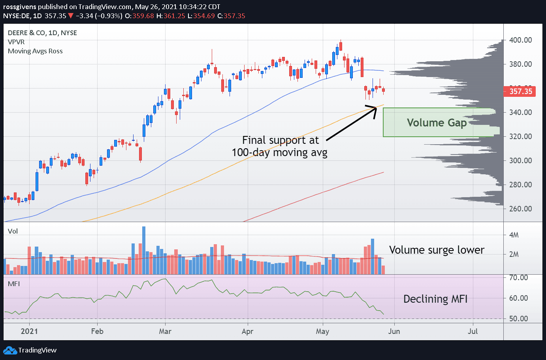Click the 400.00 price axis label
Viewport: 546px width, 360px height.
(x=520, y=40)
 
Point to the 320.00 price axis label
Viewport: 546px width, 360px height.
(x=520, y=136)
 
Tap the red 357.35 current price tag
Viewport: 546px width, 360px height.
(x=520, y=92)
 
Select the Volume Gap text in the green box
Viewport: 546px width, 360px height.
(x=437, y=123)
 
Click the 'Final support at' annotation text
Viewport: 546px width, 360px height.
(x=280, y=140)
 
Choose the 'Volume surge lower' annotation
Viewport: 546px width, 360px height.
(x=437, y=250)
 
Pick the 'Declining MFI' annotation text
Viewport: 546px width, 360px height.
(x=435, y=299)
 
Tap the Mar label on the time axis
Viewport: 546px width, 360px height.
(x=165, y=331)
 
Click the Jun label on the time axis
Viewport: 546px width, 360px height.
(x=394, y=331)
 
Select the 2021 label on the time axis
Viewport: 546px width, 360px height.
(x=29, y=331)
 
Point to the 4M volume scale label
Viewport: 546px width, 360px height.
(x=514, y=235)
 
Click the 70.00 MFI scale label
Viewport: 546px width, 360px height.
(x=518, y=277)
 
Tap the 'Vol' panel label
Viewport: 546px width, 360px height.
(x=13, y=231)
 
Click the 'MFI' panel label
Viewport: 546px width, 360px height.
(x=14, y=284)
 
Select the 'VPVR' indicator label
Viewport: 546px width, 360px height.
(x=16, y=42)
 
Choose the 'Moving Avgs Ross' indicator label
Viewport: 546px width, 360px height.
(x=35, y=51)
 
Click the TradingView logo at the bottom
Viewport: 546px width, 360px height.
(x=30, y=350)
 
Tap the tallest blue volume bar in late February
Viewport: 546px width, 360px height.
(x=144, y=250)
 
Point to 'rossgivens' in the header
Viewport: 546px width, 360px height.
(x=19, y=7)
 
